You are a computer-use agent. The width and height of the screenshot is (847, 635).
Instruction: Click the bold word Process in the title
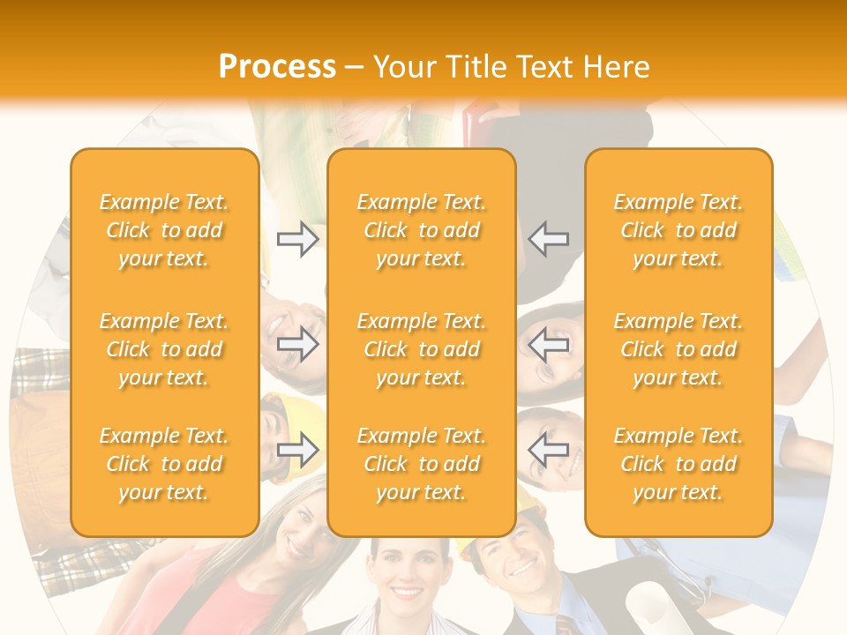(277, 67)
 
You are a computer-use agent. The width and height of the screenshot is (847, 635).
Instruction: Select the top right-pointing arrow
(298, 240)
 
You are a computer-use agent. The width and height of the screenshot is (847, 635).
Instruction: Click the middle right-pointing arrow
(298, 344)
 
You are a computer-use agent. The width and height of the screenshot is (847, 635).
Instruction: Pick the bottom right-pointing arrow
(298, 450)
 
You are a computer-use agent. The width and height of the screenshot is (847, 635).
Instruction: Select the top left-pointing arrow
(549, 240)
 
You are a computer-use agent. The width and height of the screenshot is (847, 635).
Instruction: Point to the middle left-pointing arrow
(549, 344)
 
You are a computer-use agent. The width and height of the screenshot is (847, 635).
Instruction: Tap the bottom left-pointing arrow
(549, 450)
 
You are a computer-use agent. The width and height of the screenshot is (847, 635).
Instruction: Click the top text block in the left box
(164, 230)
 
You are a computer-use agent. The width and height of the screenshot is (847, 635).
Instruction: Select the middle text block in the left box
(164, 349)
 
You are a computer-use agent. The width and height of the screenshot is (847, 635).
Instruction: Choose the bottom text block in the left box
(164, 464)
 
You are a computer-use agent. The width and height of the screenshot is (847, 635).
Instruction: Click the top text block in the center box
(422, 230)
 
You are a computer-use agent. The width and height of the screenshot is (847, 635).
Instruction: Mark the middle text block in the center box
(422, 349)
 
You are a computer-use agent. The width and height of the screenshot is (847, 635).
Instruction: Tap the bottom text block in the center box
(422, 464)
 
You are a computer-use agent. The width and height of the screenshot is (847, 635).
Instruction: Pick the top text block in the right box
(678, 230)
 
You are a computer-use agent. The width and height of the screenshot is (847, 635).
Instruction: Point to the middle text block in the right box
(678, 349)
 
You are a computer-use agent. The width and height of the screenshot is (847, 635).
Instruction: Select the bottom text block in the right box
(678, 464)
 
